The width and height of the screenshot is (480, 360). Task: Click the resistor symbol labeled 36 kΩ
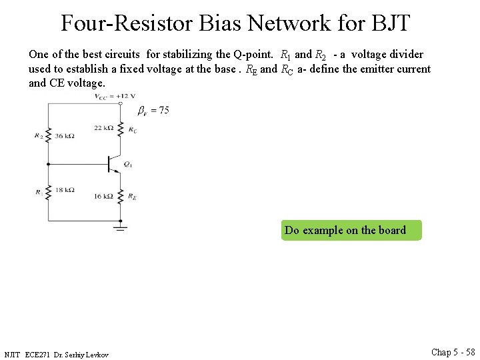[47, 135]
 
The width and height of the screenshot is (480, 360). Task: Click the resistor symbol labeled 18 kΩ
[47, 191]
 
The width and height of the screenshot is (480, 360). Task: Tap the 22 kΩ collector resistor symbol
[120, 129]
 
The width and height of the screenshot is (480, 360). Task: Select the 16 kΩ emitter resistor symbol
[120, 196]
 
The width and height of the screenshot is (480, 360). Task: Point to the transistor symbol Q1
[113, 163]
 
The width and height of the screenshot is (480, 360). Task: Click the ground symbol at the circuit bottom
[120, 229]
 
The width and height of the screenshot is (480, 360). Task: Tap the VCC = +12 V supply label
[115, 96]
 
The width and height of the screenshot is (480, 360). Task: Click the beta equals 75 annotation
[153, 110]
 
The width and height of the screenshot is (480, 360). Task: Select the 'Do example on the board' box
[351, 230]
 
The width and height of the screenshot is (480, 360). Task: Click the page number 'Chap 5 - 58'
[453, 352]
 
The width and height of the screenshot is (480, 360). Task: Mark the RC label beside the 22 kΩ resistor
[133, 130]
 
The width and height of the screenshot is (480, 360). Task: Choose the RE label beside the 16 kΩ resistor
[133, 197]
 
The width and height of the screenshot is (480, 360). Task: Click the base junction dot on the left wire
[47, 163]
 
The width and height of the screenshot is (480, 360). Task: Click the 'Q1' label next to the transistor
[128, 164]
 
